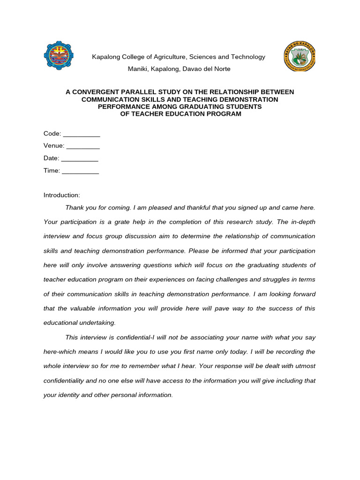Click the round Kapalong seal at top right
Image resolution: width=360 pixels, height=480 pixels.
[x=300, y=57]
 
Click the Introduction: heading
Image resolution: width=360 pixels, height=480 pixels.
[x=62, y=195]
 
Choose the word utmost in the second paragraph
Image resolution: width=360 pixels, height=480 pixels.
[x=303, y=366]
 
